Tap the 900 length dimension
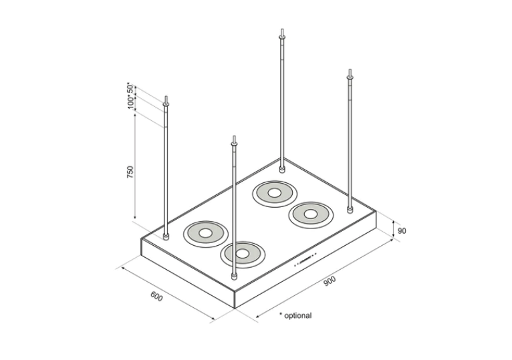click(330, 281)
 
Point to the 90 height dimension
click(402, 231)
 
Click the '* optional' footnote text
click(295, 315)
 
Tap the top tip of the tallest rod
click(283, 31)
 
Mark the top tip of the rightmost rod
click(349, 70)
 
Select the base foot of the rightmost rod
click(350, 210)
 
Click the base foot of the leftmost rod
click(166, 236)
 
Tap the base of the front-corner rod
click(234, 275)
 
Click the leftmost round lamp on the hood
click(205, 232)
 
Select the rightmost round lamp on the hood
click(310, 214)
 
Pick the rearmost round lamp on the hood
click(273, 194)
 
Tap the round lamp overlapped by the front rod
click(243, 254)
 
